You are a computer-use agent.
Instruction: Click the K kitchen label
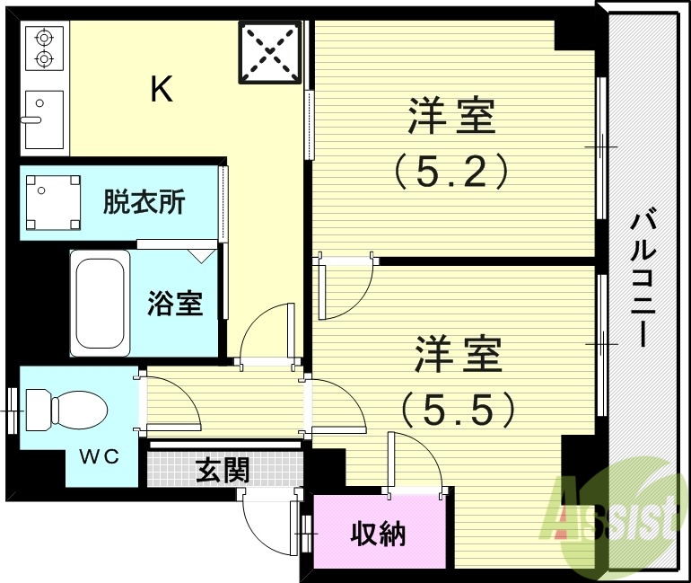(x=162, y=89)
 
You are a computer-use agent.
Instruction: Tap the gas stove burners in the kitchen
(x=42, y=49)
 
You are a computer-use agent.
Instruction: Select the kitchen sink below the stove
(x=42, y=118)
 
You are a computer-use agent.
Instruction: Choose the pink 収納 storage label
(x=377, y=534)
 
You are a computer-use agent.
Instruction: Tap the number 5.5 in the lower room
(x=458, y=411)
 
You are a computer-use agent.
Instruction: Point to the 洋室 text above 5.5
(x=458, y=356)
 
